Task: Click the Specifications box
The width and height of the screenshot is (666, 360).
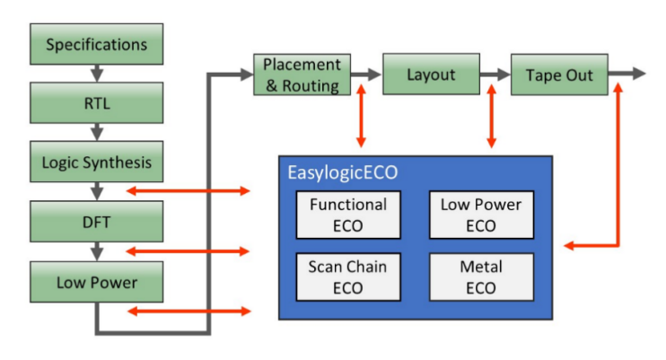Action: (x=96, y=44)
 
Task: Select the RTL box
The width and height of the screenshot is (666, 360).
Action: (x=96, y=103)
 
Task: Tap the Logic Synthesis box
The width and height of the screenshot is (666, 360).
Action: (x=96, y=163)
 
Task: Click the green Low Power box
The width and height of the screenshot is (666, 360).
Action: (x=96, y=282)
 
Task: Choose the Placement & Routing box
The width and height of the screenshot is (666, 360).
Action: (x=301, y=75)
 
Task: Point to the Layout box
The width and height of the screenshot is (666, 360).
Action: (x=431, y=75)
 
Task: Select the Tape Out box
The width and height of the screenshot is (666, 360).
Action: (x=559, y=75)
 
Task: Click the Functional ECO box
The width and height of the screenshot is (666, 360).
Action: (x=347, y=215)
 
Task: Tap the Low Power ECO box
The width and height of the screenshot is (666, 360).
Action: (x=480, y=215)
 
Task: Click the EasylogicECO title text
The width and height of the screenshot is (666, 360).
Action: (x=341, y=172)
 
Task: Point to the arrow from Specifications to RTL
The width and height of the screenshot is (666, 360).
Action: (x=96, y=74)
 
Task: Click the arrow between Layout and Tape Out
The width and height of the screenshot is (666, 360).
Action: (x=495, y=75)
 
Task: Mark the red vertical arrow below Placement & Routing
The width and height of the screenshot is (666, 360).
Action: (x=361, y=117)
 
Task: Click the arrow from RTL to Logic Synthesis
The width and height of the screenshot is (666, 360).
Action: (x=96, y=133)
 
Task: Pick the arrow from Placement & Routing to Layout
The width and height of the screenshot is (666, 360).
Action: (x=365, y=75)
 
